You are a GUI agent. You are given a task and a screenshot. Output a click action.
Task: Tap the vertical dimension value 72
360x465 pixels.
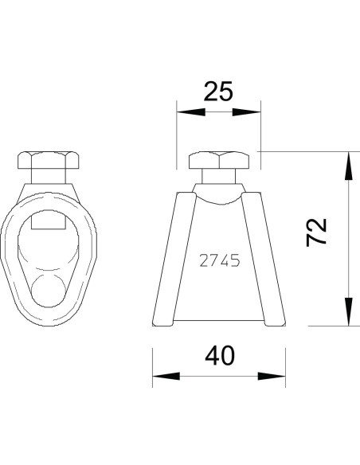(x=317, y=232)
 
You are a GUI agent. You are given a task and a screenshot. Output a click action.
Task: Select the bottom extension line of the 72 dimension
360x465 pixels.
(x=319, y=326)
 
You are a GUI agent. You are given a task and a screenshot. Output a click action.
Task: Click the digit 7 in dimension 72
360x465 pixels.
(x=317, y=241)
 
